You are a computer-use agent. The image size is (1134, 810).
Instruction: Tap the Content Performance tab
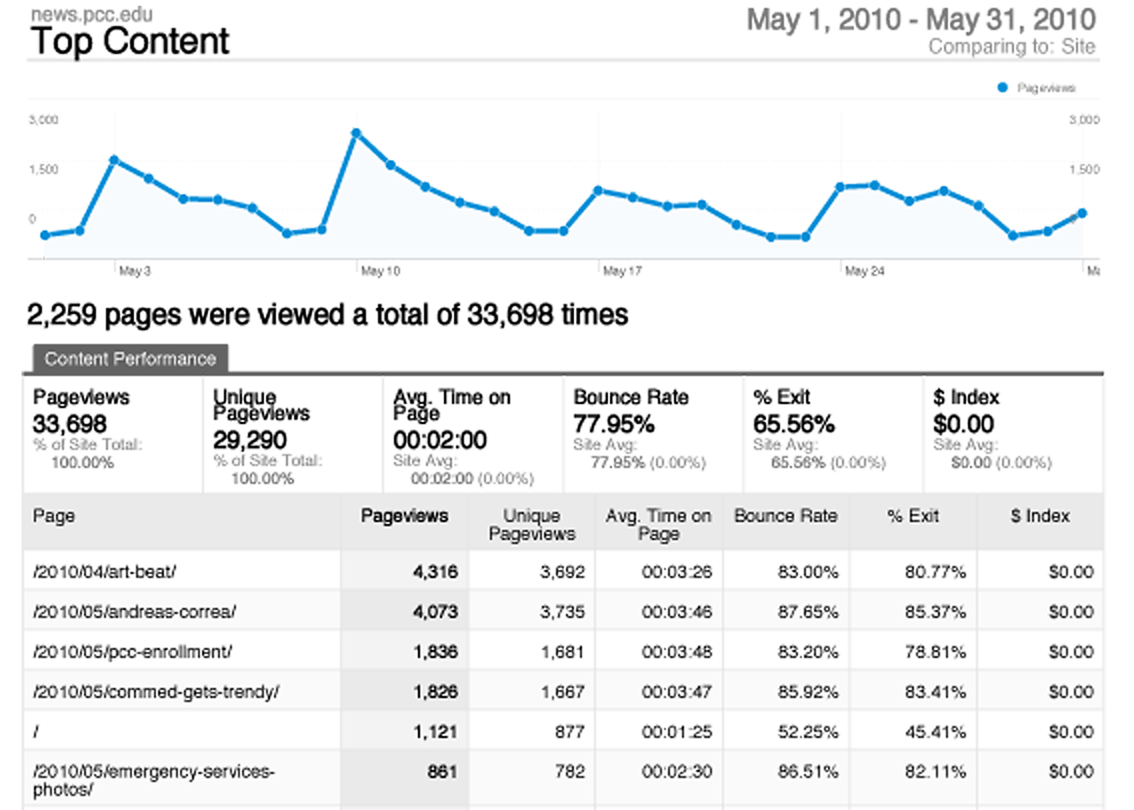coord(130,358)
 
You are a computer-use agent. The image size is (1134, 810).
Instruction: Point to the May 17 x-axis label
coord(622,271)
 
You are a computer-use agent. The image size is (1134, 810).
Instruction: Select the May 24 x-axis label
coord(864,271)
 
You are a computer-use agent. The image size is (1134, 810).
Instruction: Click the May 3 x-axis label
coord(135,271)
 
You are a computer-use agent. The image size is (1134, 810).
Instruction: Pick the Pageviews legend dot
coord(1003,88)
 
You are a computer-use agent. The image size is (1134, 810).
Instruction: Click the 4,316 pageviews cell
coord(435,572)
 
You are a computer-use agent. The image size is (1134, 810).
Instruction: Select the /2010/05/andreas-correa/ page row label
coord(134,611)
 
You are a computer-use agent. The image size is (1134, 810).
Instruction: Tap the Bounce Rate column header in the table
coord(786,516)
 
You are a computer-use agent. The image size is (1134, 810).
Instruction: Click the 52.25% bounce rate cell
coord(808,732)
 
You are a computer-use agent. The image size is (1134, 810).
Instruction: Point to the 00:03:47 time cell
coord(677,692)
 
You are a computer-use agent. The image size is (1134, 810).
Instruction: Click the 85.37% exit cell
coord(935,611)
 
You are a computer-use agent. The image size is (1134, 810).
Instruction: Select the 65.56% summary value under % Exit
coord(793,424)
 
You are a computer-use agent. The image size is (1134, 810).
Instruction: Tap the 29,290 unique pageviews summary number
coord(250,440)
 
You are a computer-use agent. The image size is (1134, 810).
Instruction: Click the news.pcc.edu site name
coord(92,14)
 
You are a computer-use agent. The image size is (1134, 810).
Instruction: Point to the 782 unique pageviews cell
coord(570,772)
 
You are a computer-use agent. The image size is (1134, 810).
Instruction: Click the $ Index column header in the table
coord(1040,516)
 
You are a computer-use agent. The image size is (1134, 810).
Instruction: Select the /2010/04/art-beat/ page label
coord(104,572)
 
